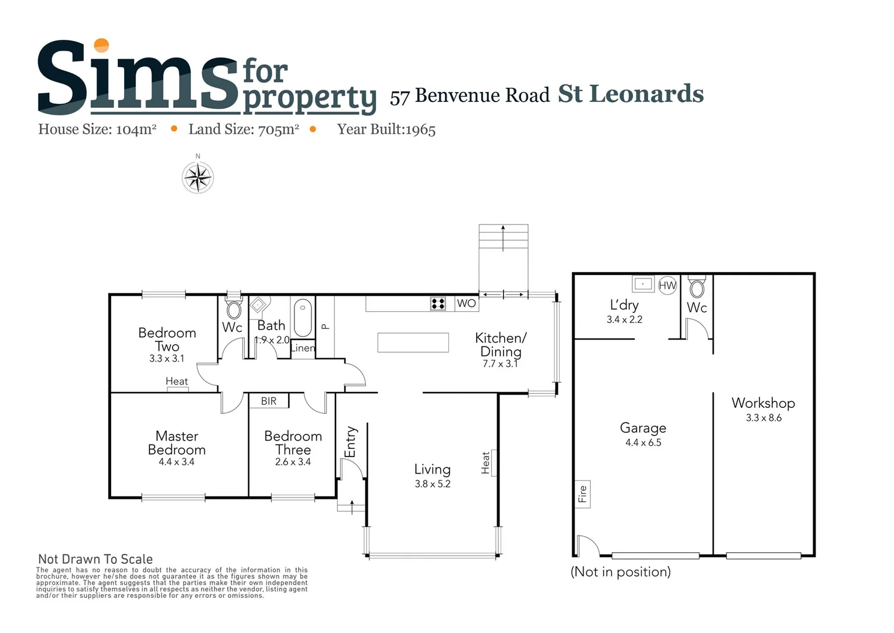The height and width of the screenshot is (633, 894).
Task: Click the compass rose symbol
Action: click(x=198, y=177)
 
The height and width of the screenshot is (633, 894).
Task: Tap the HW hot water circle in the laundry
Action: click(x=667, y=285)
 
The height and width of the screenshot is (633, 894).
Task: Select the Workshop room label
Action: click(x=763, y=403)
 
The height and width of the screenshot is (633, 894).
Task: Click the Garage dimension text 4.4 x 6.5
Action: click(x=643, y=443)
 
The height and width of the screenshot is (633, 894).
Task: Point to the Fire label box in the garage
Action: click(x=583, y=494)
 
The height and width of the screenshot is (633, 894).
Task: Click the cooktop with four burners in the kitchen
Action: click(x=438, y=303)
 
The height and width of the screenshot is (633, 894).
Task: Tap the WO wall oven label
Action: click(x=467, y=303)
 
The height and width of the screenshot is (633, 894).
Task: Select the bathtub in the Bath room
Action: click(x=303, y=317)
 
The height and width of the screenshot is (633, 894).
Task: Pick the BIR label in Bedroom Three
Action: click(x=269, y=401)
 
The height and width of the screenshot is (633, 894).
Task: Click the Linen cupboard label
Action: click(x=303, y=348)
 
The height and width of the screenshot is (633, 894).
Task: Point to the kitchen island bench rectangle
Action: click(x=413, y=342)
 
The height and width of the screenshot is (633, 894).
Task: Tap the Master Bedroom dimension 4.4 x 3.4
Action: click(x=176, y=462)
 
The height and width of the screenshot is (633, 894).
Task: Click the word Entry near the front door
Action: click(x=351, y=441)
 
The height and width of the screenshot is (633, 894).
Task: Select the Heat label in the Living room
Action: click(x=485, y=462)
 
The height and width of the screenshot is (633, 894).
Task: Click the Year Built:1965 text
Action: click(x=386, y=130)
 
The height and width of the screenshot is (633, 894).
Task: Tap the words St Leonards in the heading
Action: click(x=630, y=94)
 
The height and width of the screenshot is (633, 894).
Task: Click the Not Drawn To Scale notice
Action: click(x=95, y=559)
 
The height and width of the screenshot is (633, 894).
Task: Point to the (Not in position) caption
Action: click(x=621, y=571)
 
